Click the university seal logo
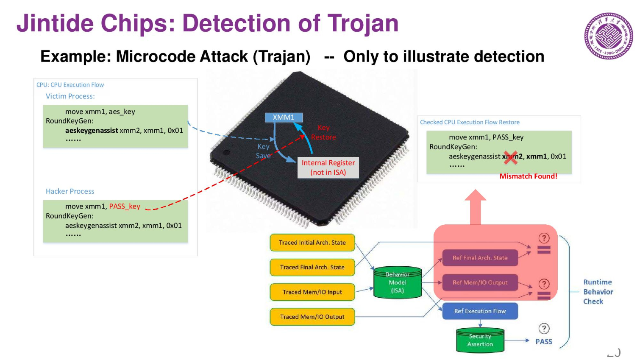(609, 36)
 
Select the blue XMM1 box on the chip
(284, 117)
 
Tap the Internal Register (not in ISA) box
(328, 167)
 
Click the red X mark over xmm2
(511, 157)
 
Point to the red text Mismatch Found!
(528, 176)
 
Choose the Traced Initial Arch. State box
(312, 243)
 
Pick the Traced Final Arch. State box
(312, 267)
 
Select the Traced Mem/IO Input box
(312, 292)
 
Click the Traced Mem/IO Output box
(312, 317)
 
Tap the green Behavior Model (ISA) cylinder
(397, 282)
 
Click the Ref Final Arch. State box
(480, 258)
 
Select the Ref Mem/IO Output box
(480, 282)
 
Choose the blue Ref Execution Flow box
(480, 311)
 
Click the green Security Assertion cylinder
(480, 340)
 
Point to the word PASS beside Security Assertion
(544, 342)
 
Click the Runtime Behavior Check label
(598, 292)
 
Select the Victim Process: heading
(70, 96)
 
